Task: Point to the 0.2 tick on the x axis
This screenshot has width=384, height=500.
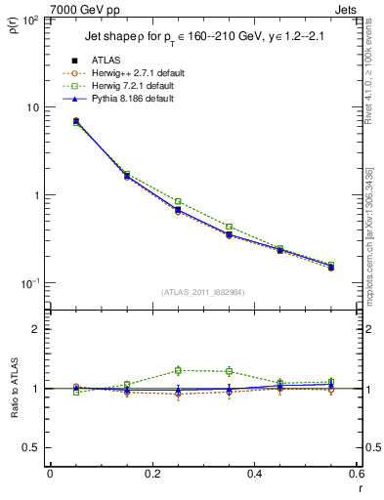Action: coord(151,475)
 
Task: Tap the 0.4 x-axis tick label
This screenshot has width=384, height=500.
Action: coord(254,475)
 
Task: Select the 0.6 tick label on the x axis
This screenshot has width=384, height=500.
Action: coord(355,475)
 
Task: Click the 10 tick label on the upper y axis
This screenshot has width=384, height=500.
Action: coord(33,107)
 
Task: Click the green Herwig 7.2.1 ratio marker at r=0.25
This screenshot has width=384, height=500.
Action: coord(178,370)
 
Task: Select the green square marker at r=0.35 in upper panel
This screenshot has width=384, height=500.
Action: coord(229,227)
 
